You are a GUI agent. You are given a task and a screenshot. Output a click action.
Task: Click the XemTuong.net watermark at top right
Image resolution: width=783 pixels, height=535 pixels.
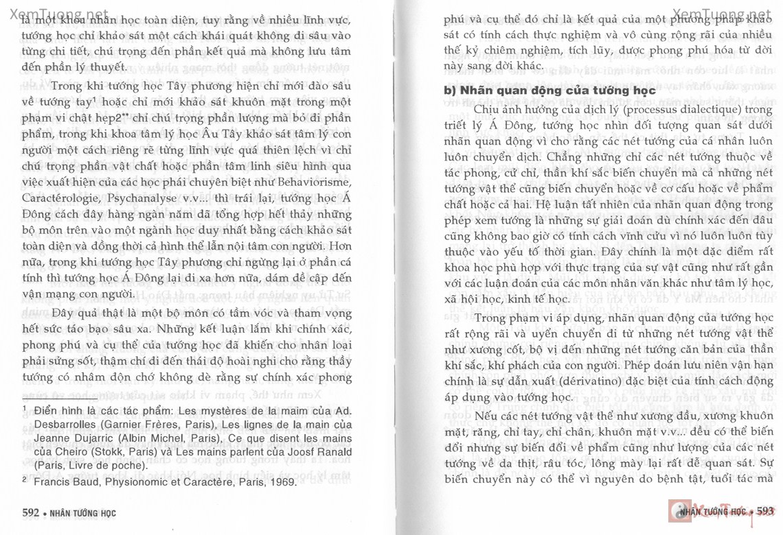click(722, 14)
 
